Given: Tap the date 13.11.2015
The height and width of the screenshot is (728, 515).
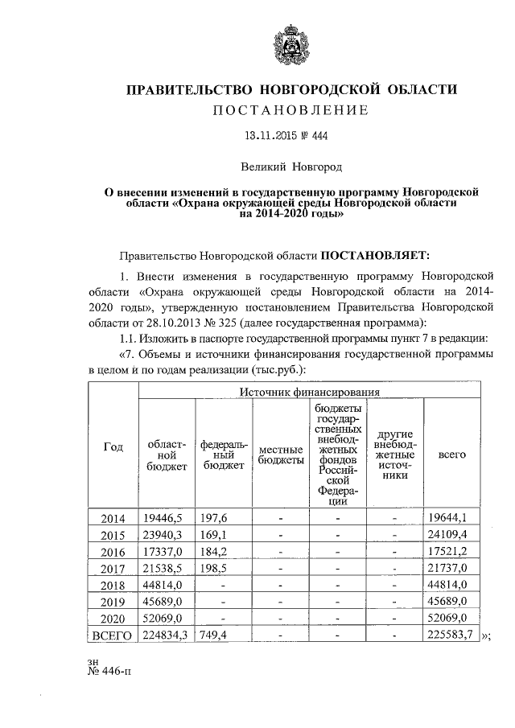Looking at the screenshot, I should (x=272, y=137).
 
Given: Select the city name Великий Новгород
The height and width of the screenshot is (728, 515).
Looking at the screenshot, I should (x=293, y=167).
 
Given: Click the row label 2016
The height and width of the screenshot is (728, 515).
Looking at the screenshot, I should (x=113, y=552).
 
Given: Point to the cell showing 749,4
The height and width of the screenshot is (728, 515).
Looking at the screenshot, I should (x=213, y=636).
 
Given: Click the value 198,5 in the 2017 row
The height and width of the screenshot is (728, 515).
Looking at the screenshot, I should (x=213, y=568).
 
